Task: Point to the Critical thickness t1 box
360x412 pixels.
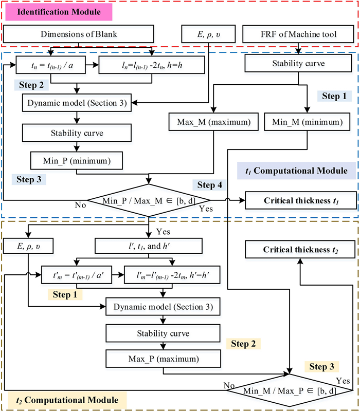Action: pos(301,199)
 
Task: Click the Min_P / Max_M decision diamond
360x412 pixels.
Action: pos(149,199)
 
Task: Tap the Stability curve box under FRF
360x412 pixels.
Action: pos(297,65)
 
